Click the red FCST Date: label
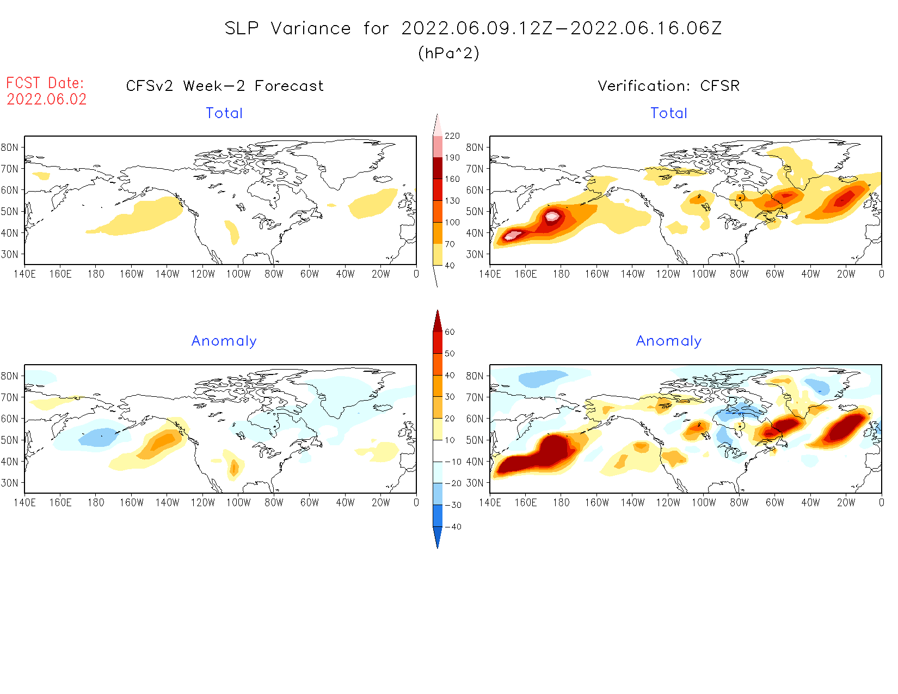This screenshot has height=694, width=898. [x=45, y=83]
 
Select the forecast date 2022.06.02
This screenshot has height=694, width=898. [x=47, y=100]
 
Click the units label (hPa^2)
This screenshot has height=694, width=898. [x=448, y=53]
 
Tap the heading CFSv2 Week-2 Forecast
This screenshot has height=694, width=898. [x=224, y=86]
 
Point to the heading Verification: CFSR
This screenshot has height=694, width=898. [x=668, y=86]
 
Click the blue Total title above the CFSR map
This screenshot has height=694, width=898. [x=669, y=113]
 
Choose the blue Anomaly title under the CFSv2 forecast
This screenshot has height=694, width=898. [x=224, y=341]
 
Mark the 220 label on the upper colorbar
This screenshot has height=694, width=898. [x=452, y=136]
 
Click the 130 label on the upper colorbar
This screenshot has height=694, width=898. [x=452, y=201]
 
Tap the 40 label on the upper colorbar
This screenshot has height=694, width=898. [x=450, y=266]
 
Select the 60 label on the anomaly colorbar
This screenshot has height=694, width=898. [x=450, y=332]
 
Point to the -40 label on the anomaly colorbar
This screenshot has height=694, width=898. [x=453, y=527]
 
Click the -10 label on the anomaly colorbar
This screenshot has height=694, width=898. [x=453, y=462]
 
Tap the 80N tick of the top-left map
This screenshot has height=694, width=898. [x=10, y=147]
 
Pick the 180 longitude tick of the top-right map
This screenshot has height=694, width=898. [x=561, y=274]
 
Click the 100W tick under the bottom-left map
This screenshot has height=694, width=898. [x=238, y=503]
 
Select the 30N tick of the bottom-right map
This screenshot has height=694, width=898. [x=475, y=483]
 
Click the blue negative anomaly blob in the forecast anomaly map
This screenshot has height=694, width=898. [x=98, y=438]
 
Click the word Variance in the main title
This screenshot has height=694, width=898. [x=311, y=28]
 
